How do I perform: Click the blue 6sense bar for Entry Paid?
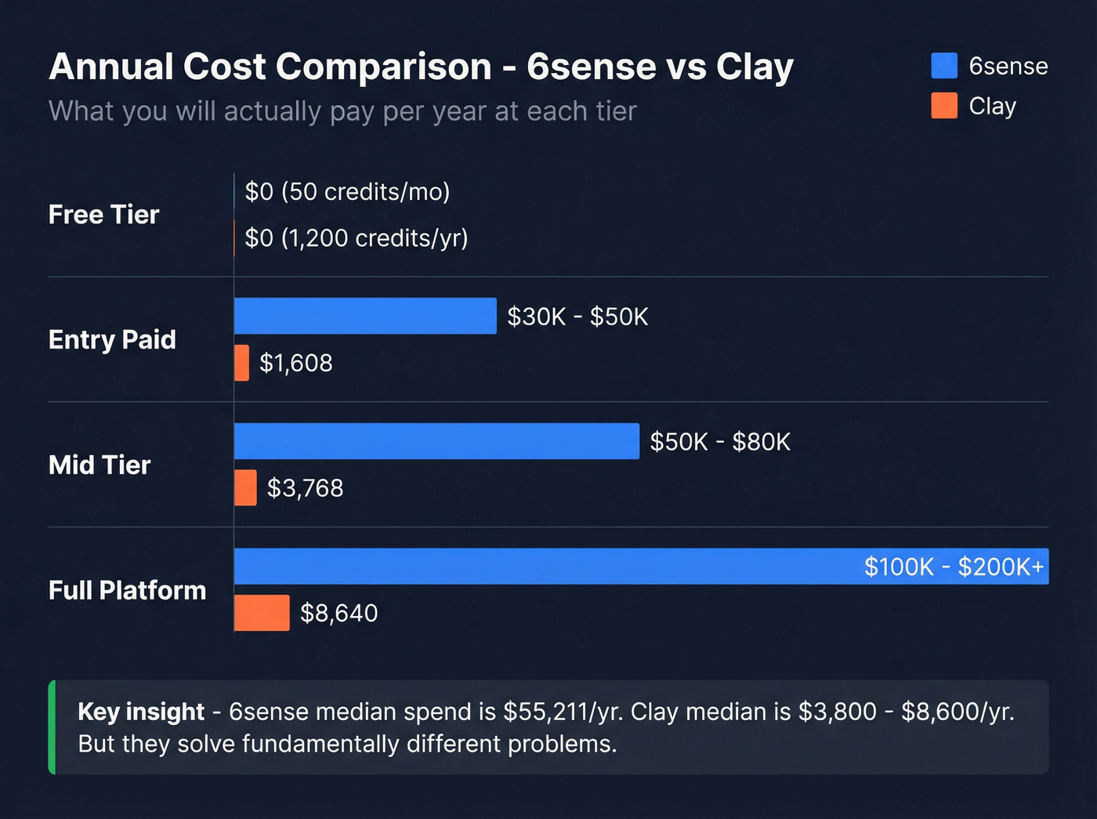[365, 316]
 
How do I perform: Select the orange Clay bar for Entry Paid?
[241, 363]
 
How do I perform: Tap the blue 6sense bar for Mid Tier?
[436, 441]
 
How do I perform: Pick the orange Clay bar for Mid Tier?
[245, 487]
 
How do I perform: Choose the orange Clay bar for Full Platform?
[262, 613]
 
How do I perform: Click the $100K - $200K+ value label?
[954, 567]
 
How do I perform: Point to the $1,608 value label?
[296, 363]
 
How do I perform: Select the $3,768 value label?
[305, 488]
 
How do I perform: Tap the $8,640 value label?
[339, 613]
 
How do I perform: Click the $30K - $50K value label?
[577, 317]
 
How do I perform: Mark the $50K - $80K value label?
[720, 442]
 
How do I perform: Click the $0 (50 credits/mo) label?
[347, 192]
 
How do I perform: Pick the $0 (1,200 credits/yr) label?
[357, 238]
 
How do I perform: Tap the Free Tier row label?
[103, 215]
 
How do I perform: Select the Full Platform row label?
[127, 590]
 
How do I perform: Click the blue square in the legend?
[944, 66]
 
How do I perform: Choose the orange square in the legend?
[944, 105]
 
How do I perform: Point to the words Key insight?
[141, 712]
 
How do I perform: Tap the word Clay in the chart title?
[754, 67]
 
